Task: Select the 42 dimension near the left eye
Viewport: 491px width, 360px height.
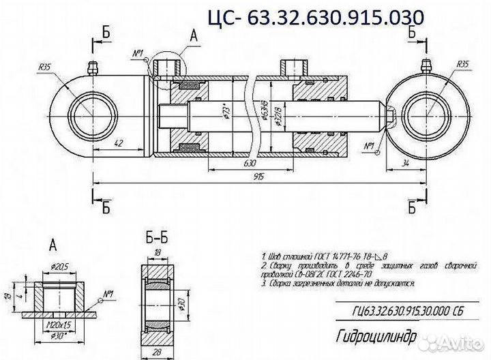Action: tap(119, 144)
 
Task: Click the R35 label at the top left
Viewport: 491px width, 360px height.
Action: tap(46, 66)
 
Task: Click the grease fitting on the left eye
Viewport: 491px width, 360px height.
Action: tap(91, 67)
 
